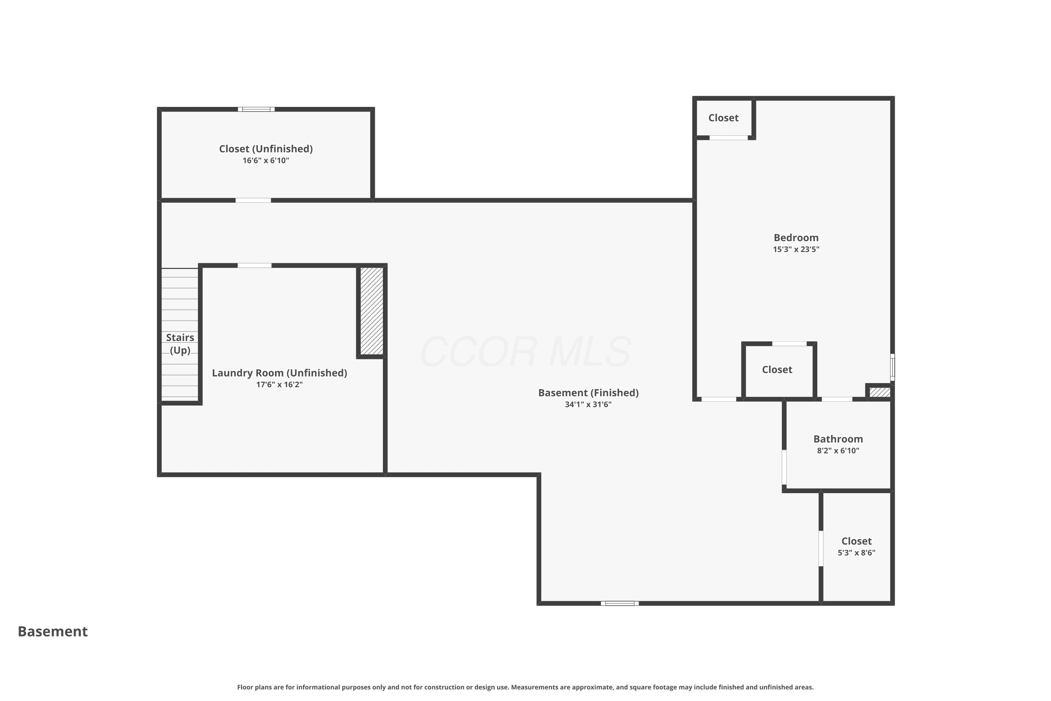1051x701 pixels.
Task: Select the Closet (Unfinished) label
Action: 266,149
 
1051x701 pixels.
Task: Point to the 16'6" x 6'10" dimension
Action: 266,161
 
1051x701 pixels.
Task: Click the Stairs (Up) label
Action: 180,344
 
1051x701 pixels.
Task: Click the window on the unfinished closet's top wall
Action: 256,109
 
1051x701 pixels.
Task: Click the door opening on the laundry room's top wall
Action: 254,266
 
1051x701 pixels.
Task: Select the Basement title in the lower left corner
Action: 53,631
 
